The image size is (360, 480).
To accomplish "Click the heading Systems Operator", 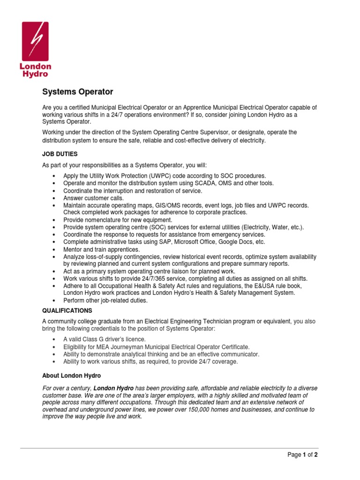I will click(78, 91).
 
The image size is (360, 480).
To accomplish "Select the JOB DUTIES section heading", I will click(60, 153).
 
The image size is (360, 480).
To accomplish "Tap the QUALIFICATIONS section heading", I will click(67, 310).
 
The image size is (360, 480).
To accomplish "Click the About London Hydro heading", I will click(71, 375).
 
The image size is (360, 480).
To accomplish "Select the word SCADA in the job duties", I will click(169, 183).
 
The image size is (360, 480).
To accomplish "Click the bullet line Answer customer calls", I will click(94, 198).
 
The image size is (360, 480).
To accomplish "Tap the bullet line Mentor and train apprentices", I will click(102, 249).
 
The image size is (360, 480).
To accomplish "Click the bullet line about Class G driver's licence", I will click(105, 339).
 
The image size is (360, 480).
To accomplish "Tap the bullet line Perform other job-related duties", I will click(105, 300).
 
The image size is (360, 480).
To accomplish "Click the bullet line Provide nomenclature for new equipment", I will click(118, 220).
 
